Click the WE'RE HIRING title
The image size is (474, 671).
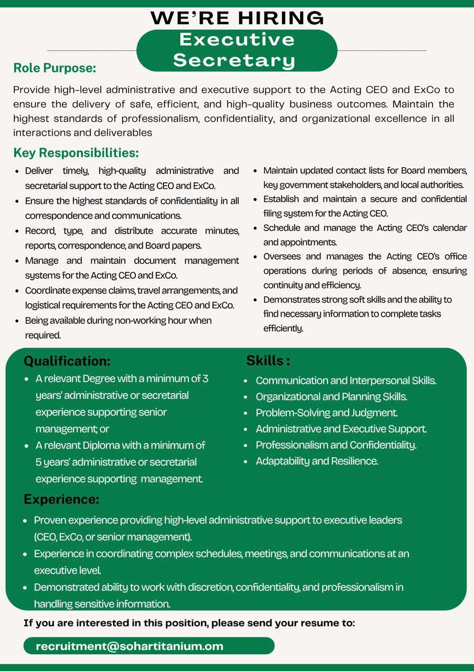click(237, 18)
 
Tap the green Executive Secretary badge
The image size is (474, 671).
click(237, 50)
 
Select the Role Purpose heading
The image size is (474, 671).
click(55, 68)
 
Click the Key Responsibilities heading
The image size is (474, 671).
click(76, 153)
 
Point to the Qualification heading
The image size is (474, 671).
click(67, 361)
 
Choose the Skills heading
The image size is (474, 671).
click(268, 361)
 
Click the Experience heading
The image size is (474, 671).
click(61, 500)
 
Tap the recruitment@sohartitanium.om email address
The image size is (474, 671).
click(130, 646)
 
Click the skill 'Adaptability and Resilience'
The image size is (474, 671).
click(317, 461)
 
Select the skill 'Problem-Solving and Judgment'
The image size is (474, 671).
click(326, 413)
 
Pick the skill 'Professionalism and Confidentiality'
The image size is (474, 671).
click(336, 445)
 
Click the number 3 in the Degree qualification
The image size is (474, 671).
click(206, 378)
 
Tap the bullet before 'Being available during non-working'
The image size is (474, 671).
click(18, 320)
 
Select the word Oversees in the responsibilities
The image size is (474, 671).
click(282, 256)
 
